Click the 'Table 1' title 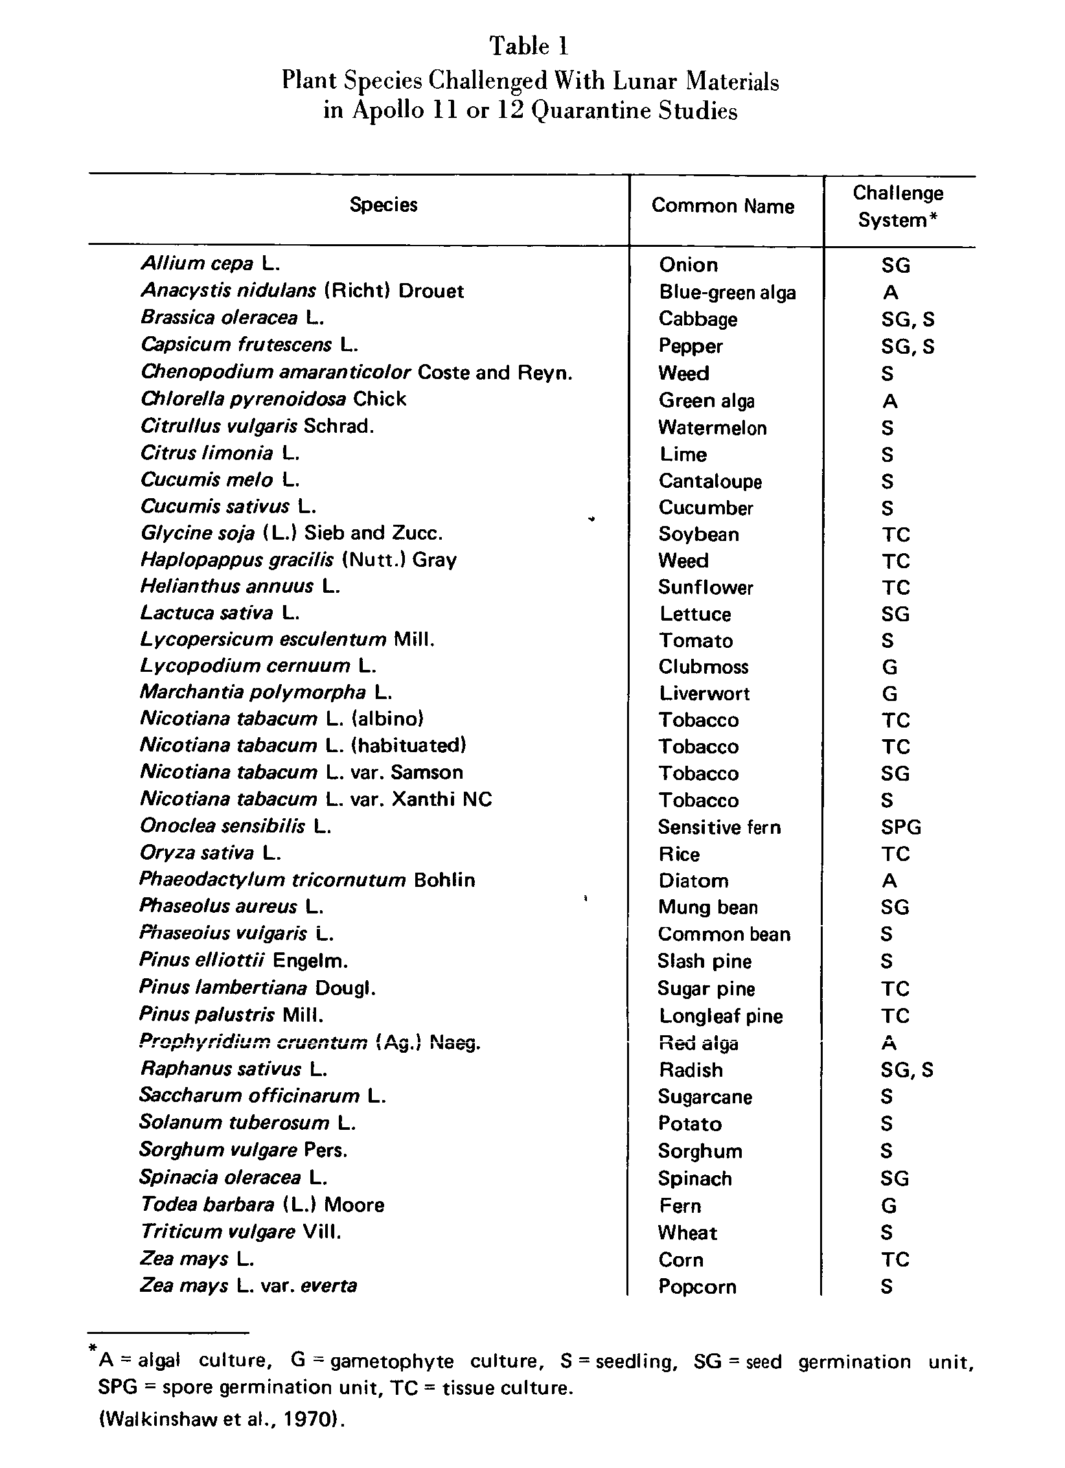pos(529,46)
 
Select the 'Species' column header pos(384,205)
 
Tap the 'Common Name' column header pos(722,206)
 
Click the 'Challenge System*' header pos(897,207)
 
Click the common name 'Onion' pos(688,265)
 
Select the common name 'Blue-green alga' pos(727,292)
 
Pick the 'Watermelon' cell pos(712,428)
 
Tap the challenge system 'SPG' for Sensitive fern pos(900,827)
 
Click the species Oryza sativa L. pos(210,853)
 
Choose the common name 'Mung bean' pos(707,907)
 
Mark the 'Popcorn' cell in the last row pos(697,1286)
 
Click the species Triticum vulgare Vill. pos(240,1231)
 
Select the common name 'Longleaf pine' pos(720,1016)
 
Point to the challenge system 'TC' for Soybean pos(895,534)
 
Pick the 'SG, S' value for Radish pos(907,1070)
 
